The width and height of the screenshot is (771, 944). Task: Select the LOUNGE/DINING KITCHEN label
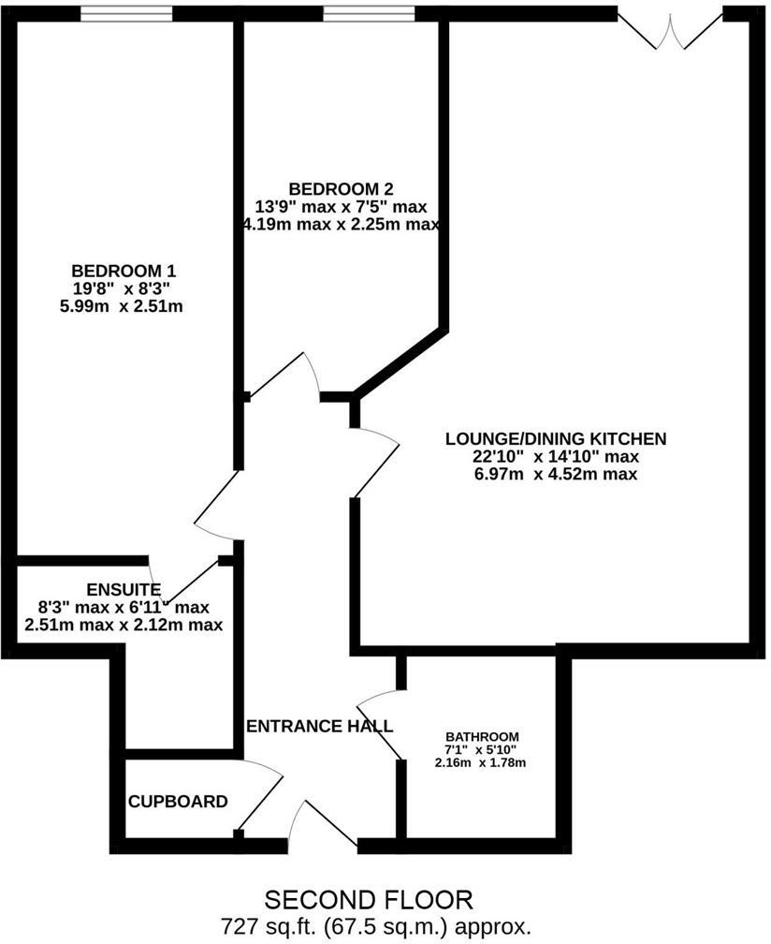[x=555, y=437]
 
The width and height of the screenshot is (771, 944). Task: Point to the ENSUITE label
[x=124, y=589]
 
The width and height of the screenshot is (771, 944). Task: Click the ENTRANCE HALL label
[x=319, y=726]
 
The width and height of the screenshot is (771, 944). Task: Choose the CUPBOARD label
[x=178, y=802]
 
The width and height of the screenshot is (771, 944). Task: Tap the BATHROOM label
[x=481, y=736]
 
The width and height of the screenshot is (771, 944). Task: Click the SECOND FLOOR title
[x=370, y=901]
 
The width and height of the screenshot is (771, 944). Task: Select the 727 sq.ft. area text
[x=377, y=926]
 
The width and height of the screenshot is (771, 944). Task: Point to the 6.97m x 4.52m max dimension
[x=555, y=475]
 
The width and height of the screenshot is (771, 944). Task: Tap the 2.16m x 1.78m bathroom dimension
[x=481, y=763]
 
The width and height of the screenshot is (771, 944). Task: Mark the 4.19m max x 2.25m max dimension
[x=339, y=225]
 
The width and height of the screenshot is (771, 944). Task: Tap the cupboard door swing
[x=262, y=796]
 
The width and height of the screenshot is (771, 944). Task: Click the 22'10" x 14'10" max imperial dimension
[x=555, y=456]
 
